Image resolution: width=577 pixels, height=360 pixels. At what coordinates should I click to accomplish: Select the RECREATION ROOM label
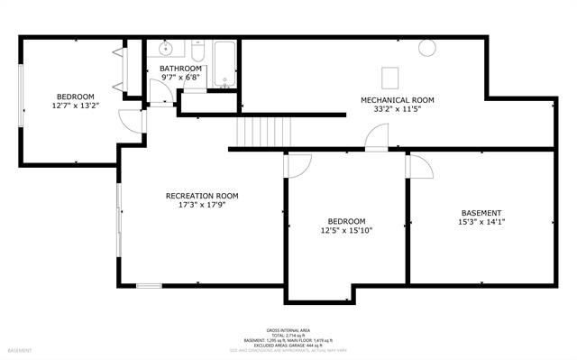pos(201,196)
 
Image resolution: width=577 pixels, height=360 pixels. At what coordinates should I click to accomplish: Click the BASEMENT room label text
pos(481,213)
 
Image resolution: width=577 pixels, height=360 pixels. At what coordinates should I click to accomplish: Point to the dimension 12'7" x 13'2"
pos(76,106)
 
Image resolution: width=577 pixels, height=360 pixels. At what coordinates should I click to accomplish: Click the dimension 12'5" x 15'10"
pos(346,230)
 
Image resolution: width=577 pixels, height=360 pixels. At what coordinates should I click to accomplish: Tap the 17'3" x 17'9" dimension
pos(201,205)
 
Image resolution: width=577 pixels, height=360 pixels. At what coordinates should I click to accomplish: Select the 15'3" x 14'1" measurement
pos(481,222)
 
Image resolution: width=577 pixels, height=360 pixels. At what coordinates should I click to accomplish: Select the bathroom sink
pos(166,50)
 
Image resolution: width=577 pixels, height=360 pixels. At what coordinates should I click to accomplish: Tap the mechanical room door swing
pos(376,137)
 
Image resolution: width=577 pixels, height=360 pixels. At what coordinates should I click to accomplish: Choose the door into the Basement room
pos(418,165)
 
